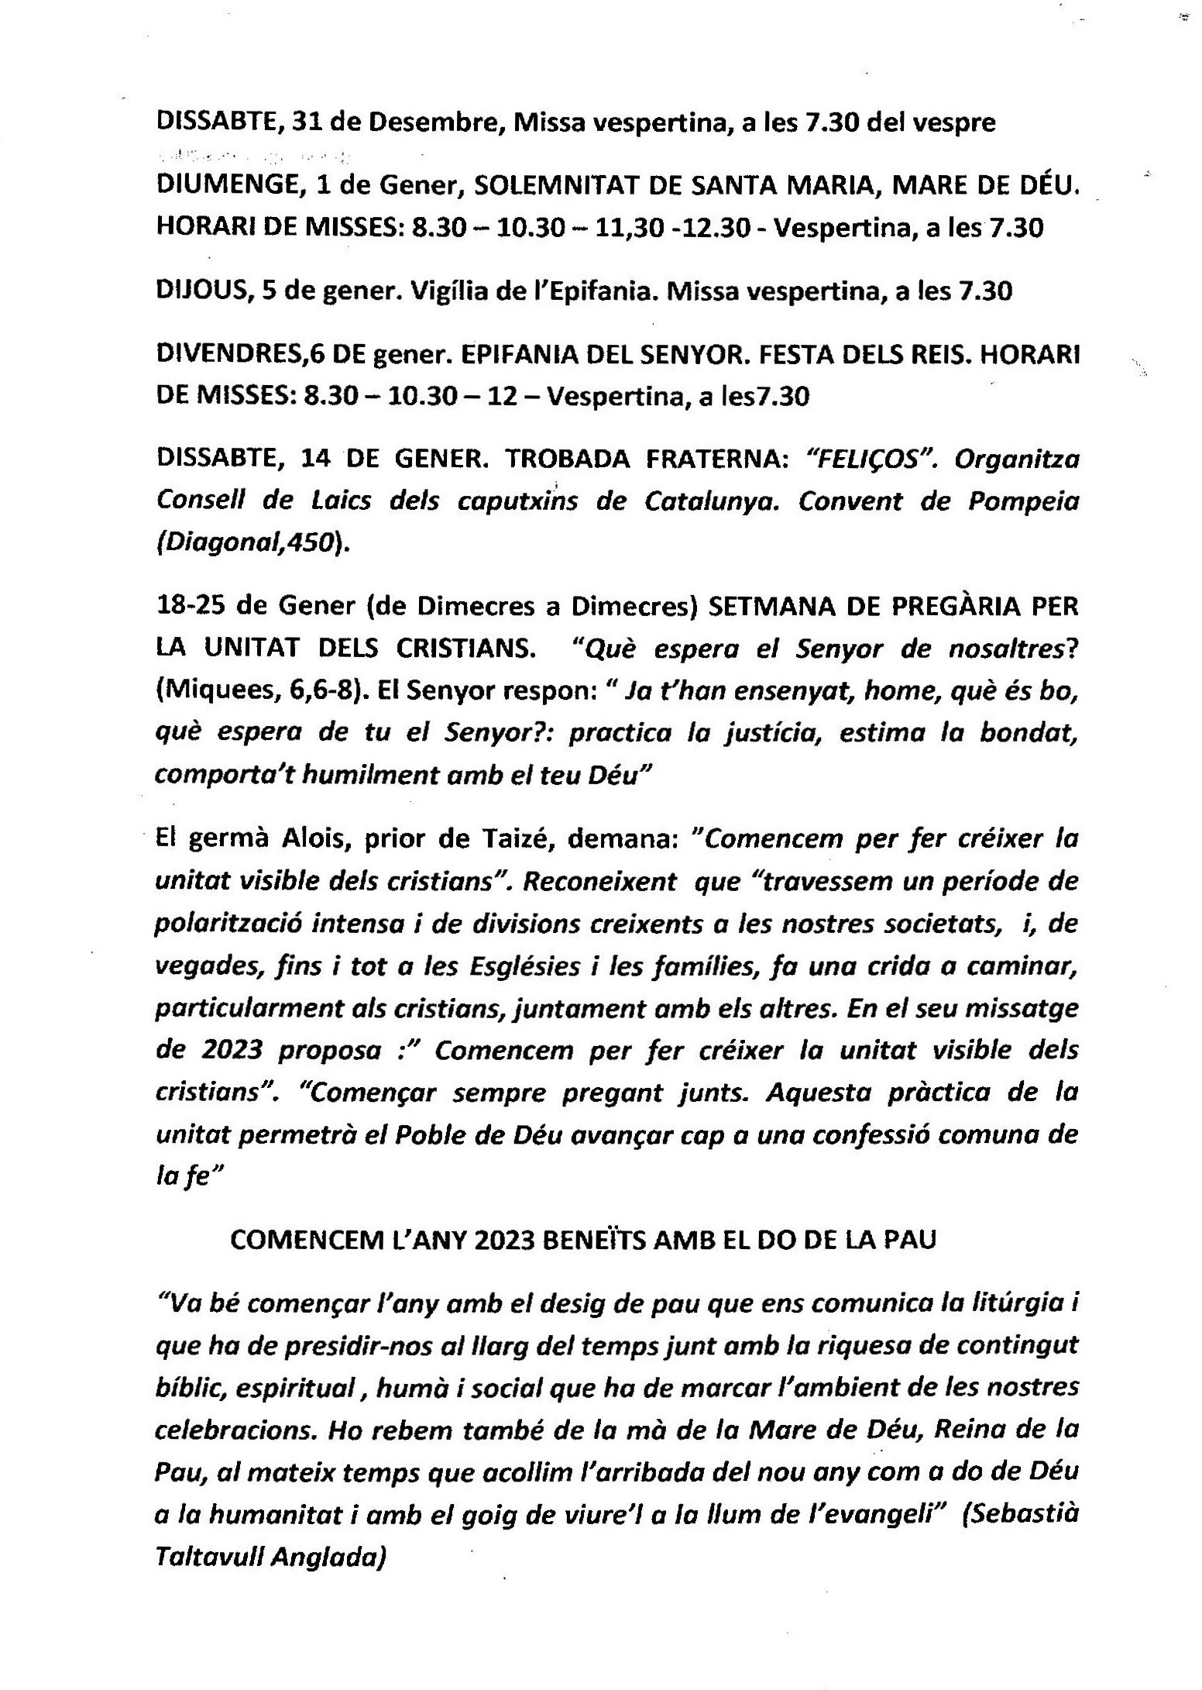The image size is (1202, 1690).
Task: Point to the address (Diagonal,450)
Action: pyautogui.click(x=252, y=544)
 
